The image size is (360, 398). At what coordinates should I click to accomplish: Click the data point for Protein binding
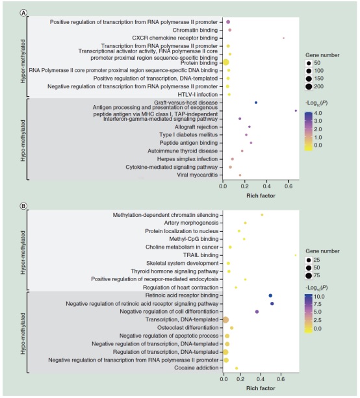[225, 62]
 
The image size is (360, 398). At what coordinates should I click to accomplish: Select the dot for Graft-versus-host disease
[256, 103]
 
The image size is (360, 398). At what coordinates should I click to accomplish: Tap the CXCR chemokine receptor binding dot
[283, 38]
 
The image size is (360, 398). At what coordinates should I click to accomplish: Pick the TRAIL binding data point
[296, 255]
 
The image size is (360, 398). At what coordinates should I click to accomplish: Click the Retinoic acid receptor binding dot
[270, 295]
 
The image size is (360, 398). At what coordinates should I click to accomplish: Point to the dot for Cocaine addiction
[237, 368]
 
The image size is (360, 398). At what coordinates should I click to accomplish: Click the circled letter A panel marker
[23, 13]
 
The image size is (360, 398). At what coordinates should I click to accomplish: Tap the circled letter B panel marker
[23, 206]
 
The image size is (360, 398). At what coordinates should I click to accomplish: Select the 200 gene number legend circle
[309, 86]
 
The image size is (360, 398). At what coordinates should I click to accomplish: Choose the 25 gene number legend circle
[309, 260]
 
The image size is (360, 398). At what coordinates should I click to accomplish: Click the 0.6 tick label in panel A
[289, 186]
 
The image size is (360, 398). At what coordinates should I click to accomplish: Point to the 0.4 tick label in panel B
[261, 379]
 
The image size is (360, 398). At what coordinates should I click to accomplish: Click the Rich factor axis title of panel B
[261, 388]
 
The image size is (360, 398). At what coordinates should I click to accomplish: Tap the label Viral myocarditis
[198, 175]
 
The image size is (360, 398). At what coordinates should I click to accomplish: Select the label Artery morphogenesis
[191, 223]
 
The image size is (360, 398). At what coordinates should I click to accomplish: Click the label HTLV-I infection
[198, 95]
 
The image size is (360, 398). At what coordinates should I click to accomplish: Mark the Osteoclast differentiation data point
[231, 328]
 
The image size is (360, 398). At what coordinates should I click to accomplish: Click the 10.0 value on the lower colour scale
[319, 297]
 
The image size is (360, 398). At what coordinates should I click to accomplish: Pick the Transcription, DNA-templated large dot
[225, 320]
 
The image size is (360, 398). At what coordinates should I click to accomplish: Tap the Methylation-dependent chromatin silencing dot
[262, 215]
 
